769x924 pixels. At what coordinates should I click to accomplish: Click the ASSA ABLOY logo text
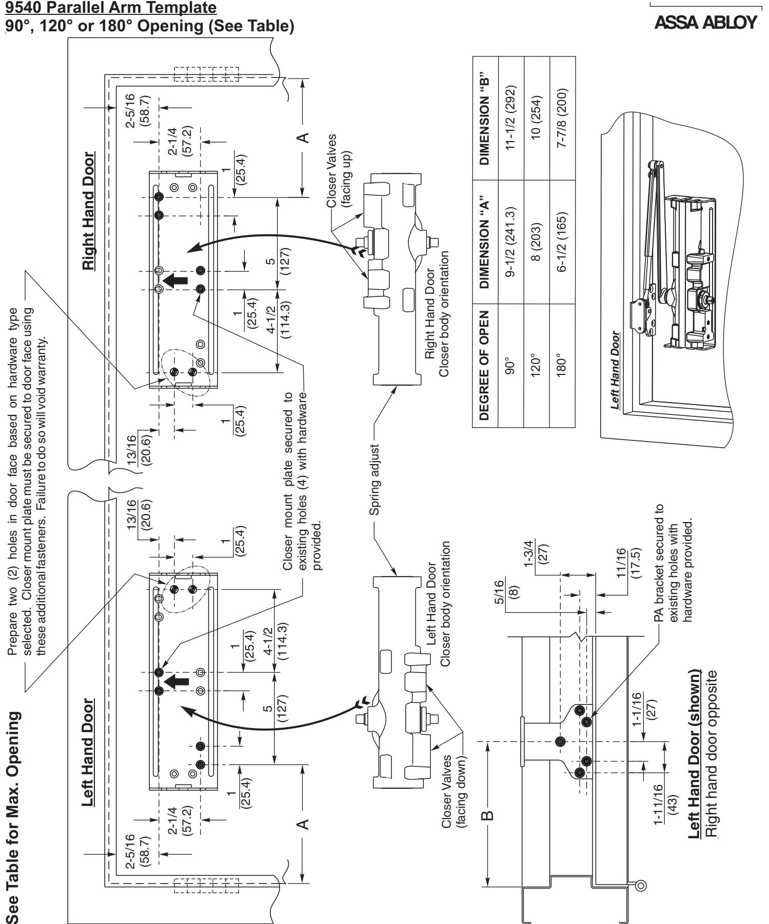(x=706, y=23)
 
